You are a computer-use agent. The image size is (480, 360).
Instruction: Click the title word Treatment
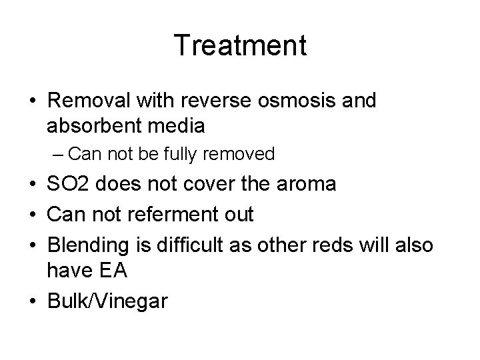(x=240, y=46)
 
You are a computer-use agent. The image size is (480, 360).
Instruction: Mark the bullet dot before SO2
(x=33, y=185)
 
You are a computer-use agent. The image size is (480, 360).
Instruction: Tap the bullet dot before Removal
(x=33, y=101)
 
